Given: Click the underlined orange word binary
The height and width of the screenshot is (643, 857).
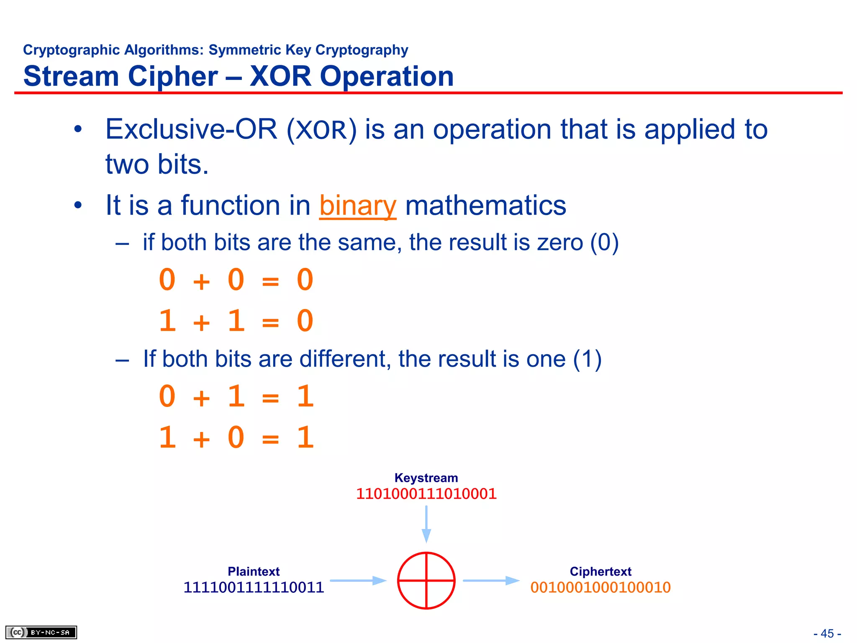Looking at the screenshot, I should pos(357,206).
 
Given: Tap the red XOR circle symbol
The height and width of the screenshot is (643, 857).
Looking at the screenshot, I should pos(426,580).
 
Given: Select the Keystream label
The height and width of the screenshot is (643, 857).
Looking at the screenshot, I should pos(426,478).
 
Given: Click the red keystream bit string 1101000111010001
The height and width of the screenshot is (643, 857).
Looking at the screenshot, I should pos(426,494).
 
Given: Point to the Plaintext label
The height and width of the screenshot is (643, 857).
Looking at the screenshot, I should pos(254,571).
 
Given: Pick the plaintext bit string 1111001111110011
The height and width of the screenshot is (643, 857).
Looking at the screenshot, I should pos(254,587).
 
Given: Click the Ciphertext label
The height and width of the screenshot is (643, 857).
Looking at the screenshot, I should pos(600,571).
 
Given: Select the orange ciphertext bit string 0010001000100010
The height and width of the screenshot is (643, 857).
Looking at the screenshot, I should pos(600,587).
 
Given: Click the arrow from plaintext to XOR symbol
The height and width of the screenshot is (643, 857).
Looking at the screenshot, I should pos(358,581).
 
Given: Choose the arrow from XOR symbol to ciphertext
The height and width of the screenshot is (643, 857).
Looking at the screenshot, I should pos(491,581).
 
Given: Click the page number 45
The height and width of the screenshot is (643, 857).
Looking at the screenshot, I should pos(827,633).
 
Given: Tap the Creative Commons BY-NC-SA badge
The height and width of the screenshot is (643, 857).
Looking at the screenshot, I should pos(41,632).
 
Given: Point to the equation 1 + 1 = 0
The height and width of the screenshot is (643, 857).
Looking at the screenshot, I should pos(236,321).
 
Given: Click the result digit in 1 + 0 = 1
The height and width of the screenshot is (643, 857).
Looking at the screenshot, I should pos(305,437).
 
